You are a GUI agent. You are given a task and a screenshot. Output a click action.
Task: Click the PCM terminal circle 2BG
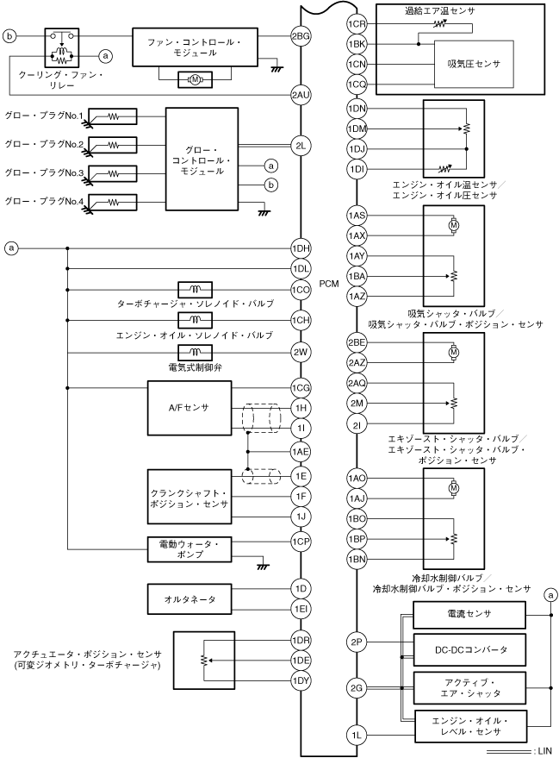point(301,36)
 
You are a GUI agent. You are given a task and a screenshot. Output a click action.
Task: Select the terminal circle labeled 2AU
point(301,95)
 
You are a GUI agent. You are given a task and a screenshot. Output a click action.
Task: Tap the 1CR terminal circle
point(357,23)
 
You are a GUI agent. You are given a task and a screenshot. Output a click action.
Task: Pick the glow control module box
point(202,159)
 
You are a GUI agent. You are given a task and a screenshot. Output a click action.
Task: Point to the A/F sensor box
point(189,408)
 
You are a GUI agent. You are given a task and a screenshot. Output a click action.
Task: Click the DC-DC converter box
point(469,650)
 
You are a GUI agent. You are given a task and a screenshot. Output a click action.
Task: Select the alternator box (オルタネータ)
point(189,599)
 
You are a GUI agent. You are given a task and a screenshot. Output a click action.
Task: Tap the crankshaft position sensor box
point(189,497)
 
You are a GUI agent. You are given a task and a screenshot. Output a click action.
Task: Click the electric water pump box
point(189,549)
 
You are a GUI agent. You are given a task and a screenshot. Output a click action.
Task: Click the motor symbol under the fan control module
point(195,79)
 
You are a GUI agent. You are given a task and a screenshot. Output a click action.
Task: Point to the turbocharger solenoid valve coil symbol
point(195,289)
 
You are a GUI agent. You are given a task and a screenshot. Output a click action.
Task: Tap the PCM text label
point(329,284)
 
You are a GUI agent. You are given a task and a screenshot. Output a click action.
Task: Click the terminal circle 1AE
point(301,452)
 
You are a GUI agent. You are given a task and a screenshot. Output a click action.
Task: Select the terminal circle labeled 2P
point(357,642)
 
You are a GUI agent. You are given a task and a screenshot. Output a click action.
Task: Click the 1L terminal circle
point(357,736)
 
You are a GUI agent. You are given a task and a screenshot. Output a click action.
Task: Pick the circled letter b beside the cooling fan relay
point(9,35)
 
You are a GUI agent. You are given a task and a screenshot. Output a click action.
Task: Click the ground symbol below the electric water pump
point(263,566)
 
